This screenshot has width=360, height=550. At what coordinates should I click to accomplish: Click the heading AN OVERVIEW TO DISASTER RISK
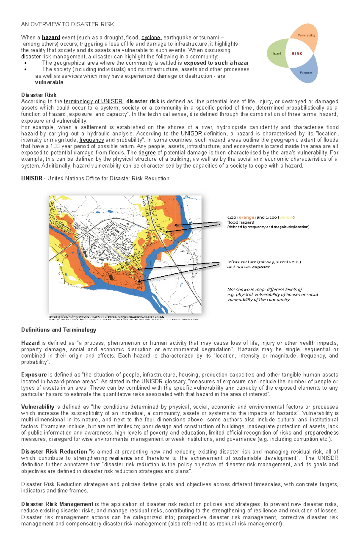click(67, 24)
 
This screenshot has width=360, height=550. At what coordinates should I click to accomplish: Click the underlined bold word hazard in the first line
click(51, 37)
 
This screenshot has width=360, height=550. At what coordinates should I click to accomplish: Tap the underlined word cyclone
click(151, 37)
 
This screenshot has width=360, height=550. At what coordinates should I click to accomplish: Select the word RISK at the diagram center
click(297, 54)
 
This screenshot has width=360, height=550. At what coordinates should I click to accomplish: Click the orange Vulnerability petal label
click(306, 35)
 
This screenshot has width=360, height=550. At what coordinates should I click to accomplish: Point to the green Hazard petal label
click(276, 53)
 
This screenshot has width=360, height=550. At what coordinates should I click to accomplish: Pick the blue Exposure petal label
click(306, 73)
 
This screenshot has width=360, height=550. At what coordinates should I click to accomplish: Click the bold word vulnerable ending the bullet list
click(49, 82)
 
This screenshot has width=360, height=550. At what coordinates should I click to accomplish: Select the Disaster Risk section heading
click(39, 95)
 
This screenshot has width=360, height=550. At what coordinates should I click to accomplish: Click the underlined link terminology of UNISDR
click(93, 101)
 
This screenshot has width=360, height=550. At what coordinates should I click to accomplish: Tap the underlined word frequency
click(91, 140)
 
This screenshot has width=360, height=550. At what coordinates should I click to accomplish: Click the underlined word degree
click(147, 153)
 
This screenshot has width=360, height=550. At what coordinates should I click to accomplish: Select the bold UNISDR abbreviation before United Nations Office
click(31, 178)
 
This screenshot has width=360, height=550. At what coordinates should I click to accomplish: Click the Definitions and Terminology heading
click(58, 330)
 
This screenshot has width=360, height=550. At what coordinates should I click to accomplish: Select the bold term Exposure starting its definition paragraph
click(34, 375)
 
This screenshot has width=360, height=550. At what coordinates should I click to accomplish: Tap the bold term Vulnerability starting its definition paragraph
click(37, 407)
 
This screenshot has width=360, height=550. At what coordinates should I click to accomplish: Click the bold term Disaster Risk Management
click(57, 504)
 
